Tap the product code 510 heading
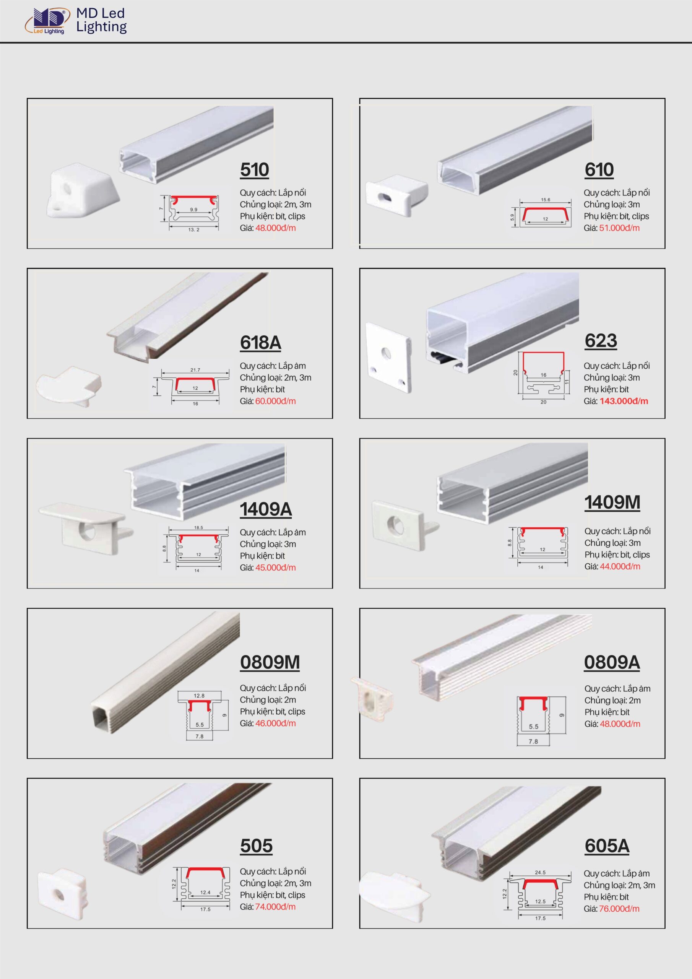(255, 170)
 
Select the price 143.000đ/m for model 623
(624, 401)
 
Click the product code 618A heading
(260, 342)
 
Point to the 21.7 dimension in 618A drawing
(195, 370)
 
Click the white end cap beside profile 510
(83, 190)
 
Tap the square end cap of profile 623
(388, 357)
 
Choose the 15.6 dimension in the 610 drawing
(546, 200)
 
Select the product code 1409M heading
(612, 502)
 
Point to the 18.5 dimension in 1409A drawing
(199, 527)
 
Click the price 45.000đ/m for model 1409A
(275, 568)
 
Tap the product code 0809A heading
(612, 662)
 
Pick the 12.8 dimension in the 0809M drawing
(199, 696)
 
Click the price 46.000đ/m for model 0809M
(275, 724)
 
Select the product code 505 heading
(256, 846)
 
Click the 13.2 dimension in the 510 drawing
(194, 229)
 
